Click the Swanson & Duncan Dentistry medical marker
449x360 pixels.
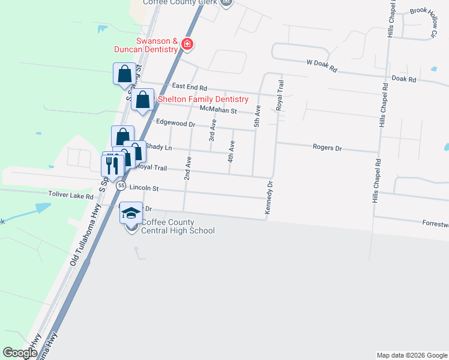click(x=187, y=44)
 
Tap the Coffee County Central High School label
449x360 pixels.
click(x=177, y=226)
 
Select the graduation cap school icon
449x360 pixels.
click(x=131, y=213)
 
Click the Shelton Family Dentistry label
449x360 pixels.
click(x=202, y=99)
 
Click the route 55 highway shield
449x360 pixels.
click(x=121, y=186)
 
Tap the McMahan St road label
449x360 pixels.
click(x=219, y=111)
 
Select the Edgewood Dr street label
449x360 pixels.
click(x=175, y=123)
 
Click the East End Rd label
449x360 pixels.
click(x=188, y=88)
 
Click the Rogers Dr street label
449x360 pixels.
click(x=327, y=147)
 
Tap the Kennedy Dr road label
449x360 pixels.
click(x=268, y=198)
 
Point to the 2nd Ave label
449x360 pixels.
click(x=187, y=168)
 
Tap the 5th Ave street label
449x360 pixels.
click(x=257, y=115)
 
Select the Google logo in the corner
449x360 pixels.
click(x=20, y=353)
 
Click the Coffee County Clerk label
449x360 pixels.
click(x=179, y=2)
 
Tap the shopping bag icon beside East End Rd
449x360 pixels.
click(x=124, y=75)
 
